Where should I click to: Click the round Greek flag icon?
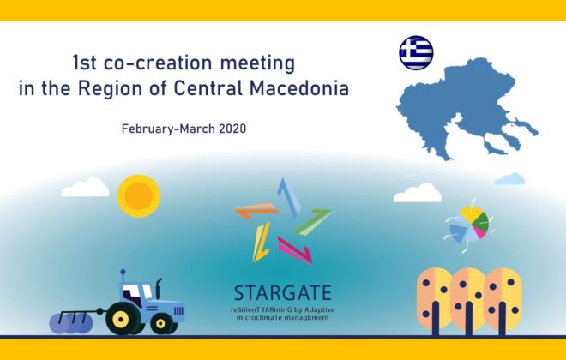(416, 52)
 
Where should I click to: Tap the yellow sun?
(139, 196)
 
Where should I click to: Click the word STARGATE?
(283, 293)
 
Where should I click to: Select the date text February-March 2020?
(184, 129)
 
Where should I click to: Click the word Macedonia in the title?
(299, 88)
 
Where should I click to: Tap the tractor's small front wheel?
(161, 323)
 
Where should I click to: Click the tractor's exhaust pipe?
(158, 288)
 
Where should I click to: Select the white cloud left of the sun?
(85, 188)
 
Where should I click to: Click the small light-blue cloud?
(509, 179)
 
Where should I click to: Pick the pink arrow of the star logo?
(294, 249)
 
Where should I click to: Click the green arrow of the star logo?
(313, 221)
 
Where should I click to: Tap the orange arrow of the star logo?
(256, 211)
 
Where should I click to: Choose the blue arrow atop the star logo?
(289, 198)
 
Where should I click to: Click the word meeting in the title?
(257, 63)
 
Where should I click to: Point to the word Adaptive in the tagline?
(320, 310)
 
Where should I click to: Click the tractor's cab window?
(135, 292)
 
